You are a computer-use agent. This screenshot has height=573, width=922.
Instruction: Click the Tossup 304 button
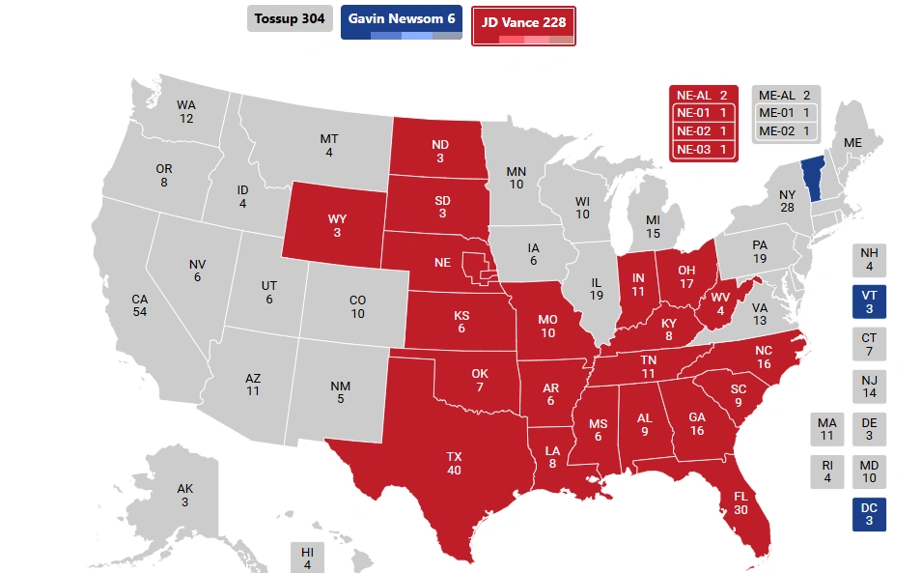(290, 19)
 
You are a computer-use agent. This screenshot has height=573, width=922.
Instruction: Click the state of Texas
(454, 462)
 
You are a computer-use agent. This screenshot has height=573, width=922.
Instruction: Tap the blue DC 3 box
(869, 514)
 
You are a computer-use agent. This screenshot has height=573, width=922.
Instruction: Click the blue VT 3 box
(869, 301)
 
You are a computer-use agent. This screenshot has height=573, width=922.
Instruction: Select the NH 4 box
(869, 259)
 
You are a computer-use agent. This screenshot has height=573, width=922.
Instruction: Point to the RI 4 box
(826, 472)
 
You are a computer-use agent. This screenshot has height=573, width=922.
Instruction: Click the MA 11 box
(826, 429)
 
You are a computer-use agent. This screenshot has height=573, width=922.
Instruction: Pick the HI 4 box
(307, 558)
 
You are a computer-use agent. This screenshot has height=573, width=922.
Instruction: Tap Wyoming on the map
(336, 224)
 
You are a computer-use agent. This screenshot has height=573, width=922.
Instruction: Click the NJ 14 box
(869, 387)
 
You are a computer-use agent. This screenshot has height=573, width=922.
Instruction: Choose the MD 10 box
(869, 472)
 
